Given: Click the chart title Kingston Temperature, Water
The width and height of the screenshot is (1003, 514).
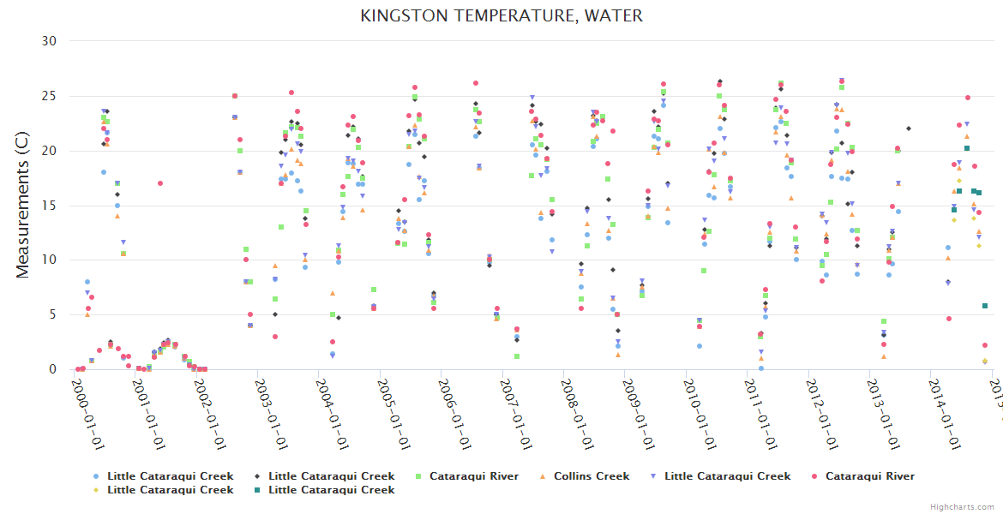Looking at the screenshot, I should click(501, 15).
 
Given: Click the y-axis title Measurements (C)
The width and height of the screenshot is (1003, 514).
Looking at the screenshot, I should click(23, 206).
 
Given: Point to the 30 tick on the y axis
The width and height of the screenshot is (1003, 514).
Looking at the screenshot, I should click(49, 41).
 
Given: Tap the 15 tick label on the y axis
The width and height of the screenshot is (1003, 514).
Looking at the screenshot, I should click(49, 206).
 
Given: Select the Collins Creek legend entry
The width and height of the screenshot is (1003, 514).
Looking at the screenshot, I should click(591, 476).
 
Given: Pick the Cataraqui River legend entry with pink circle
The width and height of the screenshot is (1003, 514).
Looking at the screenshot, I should click(869, 476).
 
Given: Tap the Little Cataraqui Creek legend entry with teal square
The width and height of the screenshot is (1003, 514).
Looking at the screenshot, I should click(331, 490).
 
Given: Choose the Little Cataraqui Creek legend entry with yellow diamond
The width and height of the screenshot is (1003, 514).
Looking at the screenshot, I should click(170, 490).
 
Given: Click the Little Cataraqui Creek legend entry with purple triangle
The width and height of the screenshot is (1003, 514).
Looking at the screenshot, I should click(727, 476).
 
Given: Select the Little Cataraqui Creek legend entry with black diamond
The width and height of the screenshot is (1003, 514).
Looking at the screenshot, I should click(331, 476).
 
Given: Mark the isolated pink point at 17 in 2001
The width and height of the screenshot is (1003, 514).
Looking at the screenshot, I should click(160, 183).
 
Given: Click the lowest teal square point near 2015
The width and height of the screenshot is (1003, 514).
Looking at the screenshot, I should click(985, 306).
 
